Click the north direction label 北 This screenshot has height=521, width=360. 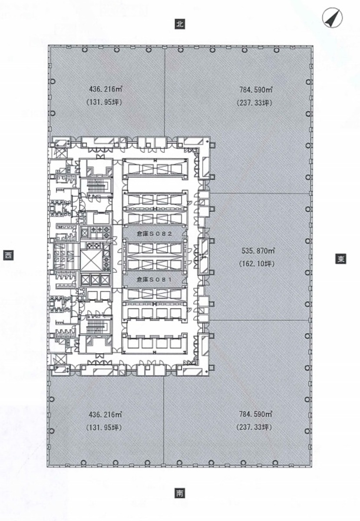pos(180,24)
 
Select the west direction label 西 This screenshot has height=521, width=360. pos(8,255)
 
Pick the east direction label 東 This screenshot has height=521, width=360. pos(341,259)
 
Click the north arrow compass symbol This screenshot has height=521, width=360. pos(333,18)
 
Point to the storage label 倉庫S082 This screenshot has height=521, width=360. pos(155,234)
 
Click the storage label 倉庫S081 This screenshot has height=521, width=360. pos(155,280)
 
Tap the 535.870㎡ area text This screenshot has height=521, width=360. pos(258,251)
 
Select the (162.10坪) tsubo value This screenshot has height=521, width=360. pos(257,264)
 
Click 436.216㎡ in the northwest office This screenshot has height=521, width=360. pos(106,89)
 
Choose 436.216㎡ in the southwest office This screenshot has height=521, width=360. pos(106,415)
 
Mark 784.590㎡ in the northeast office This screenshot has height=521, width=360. pos(256,90)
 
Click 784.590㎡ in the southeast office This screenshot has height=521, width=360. pos(256,414)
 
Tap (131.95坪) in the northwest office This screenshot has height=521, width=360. pos(104,103)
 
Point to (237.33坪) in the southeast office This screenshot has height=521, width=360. pos(254,427)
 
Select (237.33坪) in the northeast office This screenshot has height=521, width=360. pos(254,103)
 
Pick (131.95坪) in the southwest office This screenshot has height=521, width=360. pos(104,428)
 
